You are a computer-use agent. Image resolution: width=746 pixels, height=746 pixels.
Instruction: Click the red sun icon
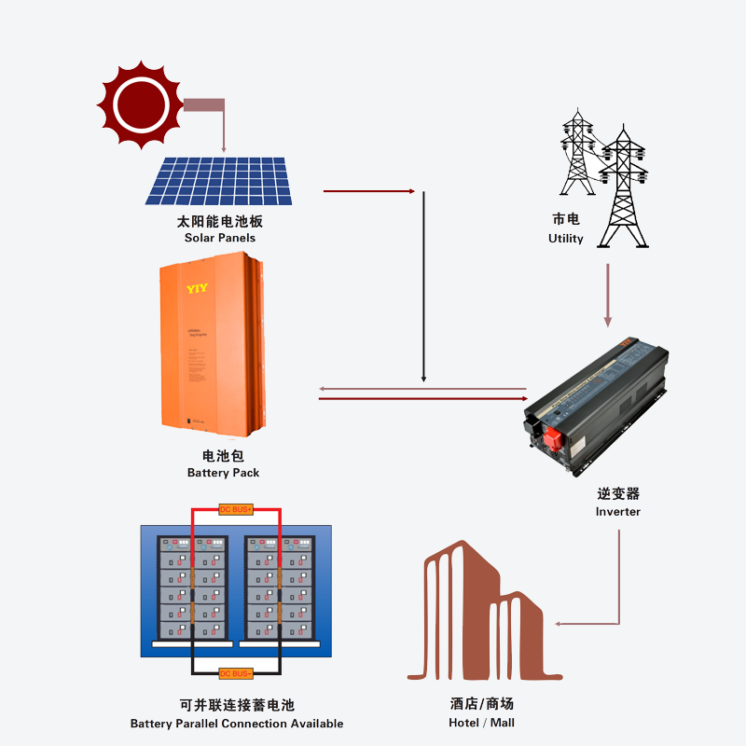140,104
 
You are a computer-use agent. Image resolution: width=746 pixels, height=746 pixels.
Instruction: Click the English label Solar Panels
220,238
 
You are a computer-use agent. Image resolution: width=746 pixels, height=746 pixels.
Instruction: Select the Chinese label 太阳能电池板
220,222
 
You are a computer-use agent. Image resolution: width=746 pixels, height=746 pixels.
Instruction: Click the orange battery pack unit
213,351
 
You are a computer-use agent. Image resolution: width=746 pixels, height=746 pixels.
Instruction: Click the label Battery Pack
223,473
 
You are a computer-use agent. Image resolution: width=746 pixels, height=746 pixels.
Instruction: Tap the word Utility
565,239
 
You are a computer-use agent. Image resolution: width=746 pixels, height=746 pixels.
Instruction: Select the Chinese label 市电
565,220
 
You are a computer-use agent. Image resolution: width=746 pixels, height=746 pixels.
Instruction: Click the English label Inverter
618,511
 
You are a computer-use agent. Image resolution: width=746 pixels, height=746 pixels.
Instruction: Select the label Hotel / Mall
481,723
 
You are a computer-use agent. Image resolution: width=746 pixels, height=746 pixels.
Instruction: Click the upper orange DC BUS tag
236,509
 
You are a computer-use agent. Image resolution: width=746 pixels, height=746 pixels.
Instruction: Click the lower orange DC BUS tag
236,674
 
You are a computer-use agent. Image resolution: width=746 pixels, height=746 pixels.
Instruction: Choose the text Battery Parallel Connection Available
237,724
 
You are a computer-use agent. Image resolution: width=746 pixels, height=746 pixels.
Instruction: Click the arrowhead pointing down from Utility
608,321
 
